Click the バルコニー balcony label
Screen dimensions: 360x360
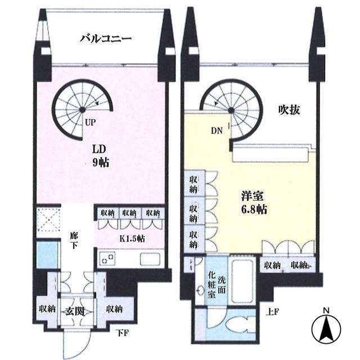point(105,39)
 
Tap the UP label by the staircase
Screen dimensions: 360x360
point(89,121)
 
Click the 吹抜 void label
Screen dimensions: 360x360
point(289,110)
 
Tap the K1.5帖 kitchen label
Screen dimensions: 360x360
point(132,238)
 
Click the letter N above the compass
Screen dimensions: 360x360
point(326,309)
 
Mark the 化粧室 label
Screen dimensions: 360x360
point(212,287)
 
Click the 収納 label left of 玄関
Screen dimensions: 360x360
point(47,308)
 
